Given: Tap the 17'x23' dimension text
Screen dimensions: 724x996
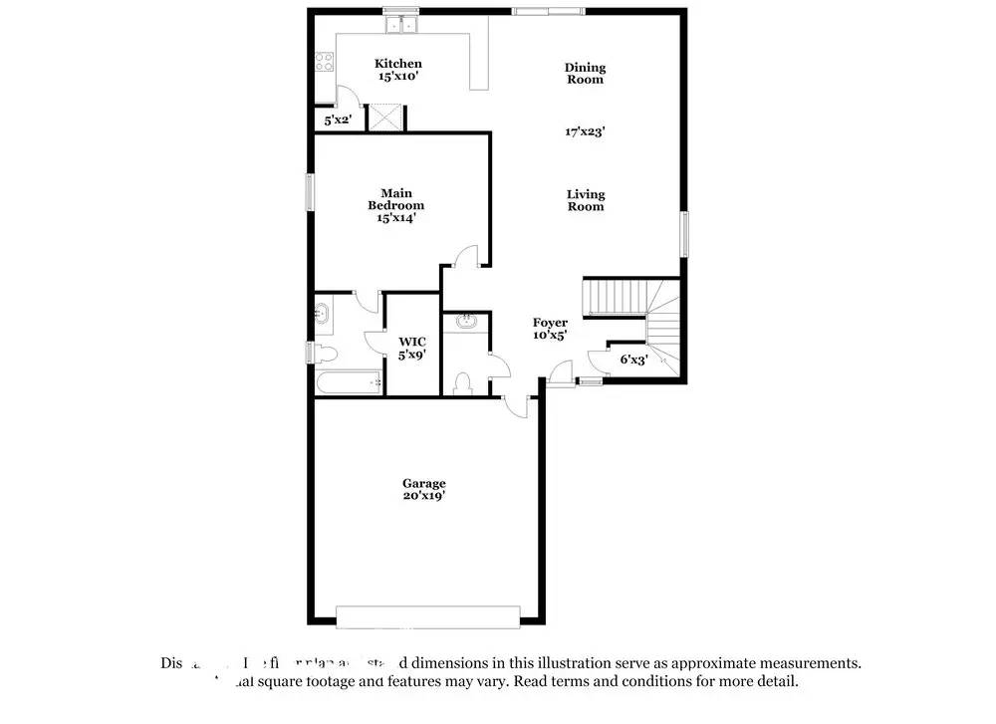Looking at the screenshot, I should [585, 130].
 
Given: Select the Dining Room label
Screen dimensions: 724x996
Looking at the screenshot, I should [585, 74].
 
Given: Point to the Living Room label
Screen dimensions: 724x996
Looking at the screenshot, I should [586, 200].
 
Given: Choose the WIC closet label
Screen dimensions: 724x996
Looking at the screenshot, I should [412, 348].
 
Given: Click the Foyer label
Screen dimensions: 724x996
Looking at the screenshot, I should [549, 329].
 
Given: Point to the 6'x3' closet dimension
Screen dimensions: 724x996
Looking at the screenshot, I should [633, 360].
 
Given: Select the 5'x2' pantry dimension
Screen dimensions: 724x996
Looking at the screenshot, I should [338, 121].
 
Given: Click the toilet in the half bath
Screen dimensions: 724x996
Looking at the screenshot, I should [462, 383].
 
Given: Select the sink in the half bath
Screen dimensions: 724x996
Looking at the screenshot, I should [465, 322].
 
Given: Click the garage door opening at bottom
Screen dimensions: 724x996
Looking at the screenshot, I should [428, 617].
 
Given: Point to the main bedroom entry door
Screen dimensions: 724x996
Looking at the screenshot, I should [464, 257].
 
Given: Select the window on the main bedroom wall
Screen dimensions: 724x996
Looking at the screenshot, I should [310, 191].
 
